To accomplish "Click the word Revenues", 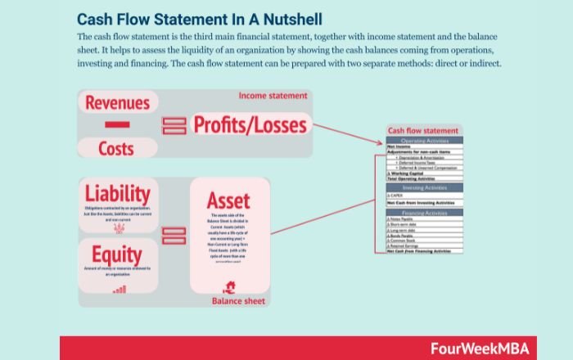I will tap(118, 103).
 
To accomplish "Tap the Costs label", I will tap(116, 150).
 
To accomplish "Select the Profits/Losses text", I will tap(250, 124).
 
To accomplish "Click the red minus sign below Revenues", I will tap(117, 124).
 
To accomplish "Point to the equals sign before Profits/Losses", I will tap(174, 125).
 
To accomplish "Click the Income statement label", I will tap(273, 96).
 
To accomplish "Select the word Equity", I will tap(117, 254).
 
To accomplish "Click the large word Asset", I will tap(228, 200).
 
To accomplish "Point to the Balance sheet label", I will tap(238, 300).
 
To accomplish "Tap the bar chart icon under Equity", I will tap(120, 289).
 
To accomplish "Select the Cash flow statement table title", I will tap(423, 131).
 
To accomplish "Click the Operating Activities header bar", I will tap(424, 140).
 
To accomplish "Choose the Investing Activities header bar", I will tap(424, 187).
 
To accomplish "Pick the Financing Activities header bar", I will tap(424, 213).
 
